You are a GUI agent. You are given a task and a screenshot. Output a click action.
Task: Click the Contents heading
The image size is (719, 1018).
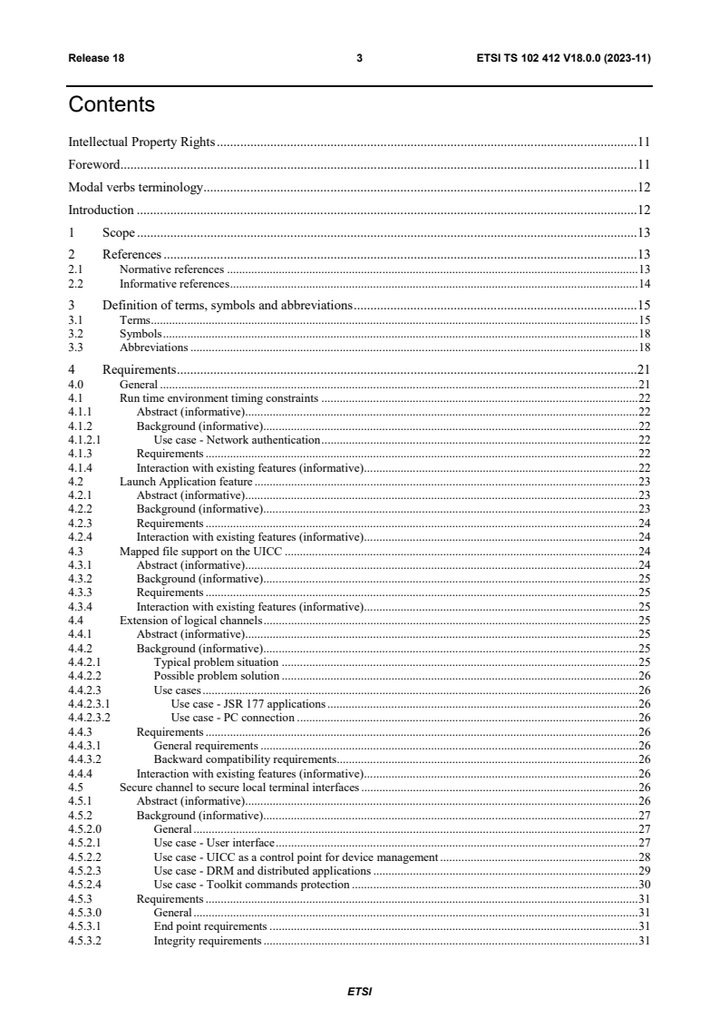pyautogui.click(x=112, y=105)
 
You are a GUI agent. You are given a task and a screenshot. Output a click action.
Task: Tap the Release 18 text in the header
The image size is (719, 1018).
pyautogui.click(x=96, y=58)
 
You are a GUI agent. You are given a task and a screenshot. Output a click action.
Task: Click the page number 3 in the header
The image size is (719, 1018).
pyautogui.click(x=359, y=58)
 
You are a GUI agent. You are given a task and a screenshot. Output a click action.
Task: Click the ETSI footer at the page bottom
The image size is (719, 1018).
pyautogui.click(x=359, y=992)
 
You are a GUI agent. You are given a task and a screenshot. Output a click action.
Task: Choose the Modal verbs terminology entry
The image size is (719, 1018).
pyautogui.click(x=135, y=188)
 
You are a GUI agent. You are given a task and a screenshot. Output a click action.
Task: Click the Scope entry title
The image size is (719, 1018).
pyautogui.click(x=119, y=232)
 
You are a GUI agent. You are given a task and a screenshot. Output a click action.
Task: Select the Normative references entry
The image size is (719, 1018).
pyautogui.click(x=171, y=270)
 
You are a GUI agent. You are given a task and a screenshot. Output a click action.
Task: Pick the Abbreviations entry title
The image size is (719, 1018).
pyautogui.click(x=153, y=347)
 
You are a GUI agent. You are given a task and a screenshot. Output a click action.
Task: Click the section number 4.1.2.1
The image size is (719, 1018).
pyautogui.click(x=85, y=439)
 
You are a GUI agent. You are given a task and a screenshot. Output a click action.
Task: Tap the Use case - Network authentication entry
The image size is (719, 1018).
pyautogui.click(x=237, y=439)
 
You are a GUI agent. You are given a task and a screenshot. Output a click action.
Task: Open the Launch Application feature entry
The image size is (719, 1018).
pyautogui.click(x=186, y=481)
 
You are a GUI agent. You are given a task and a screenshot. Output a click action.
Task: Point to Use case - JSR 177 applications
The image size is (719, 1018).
pyautogui.click(x=248, y=704)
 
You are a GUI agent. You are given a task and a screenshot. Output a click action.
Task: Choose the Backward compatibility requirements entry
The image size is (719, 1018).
pyautogui.click(x=245, y=759)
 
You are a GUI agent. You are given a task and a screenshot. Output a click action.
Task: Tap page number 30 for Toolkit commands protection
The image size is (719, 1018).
pyautogui.click(x=645, y=885)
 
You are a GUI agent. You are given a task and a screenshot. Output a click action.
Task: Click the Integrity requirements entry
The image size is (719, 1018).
pyautogui.click(x=208, y=941)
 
